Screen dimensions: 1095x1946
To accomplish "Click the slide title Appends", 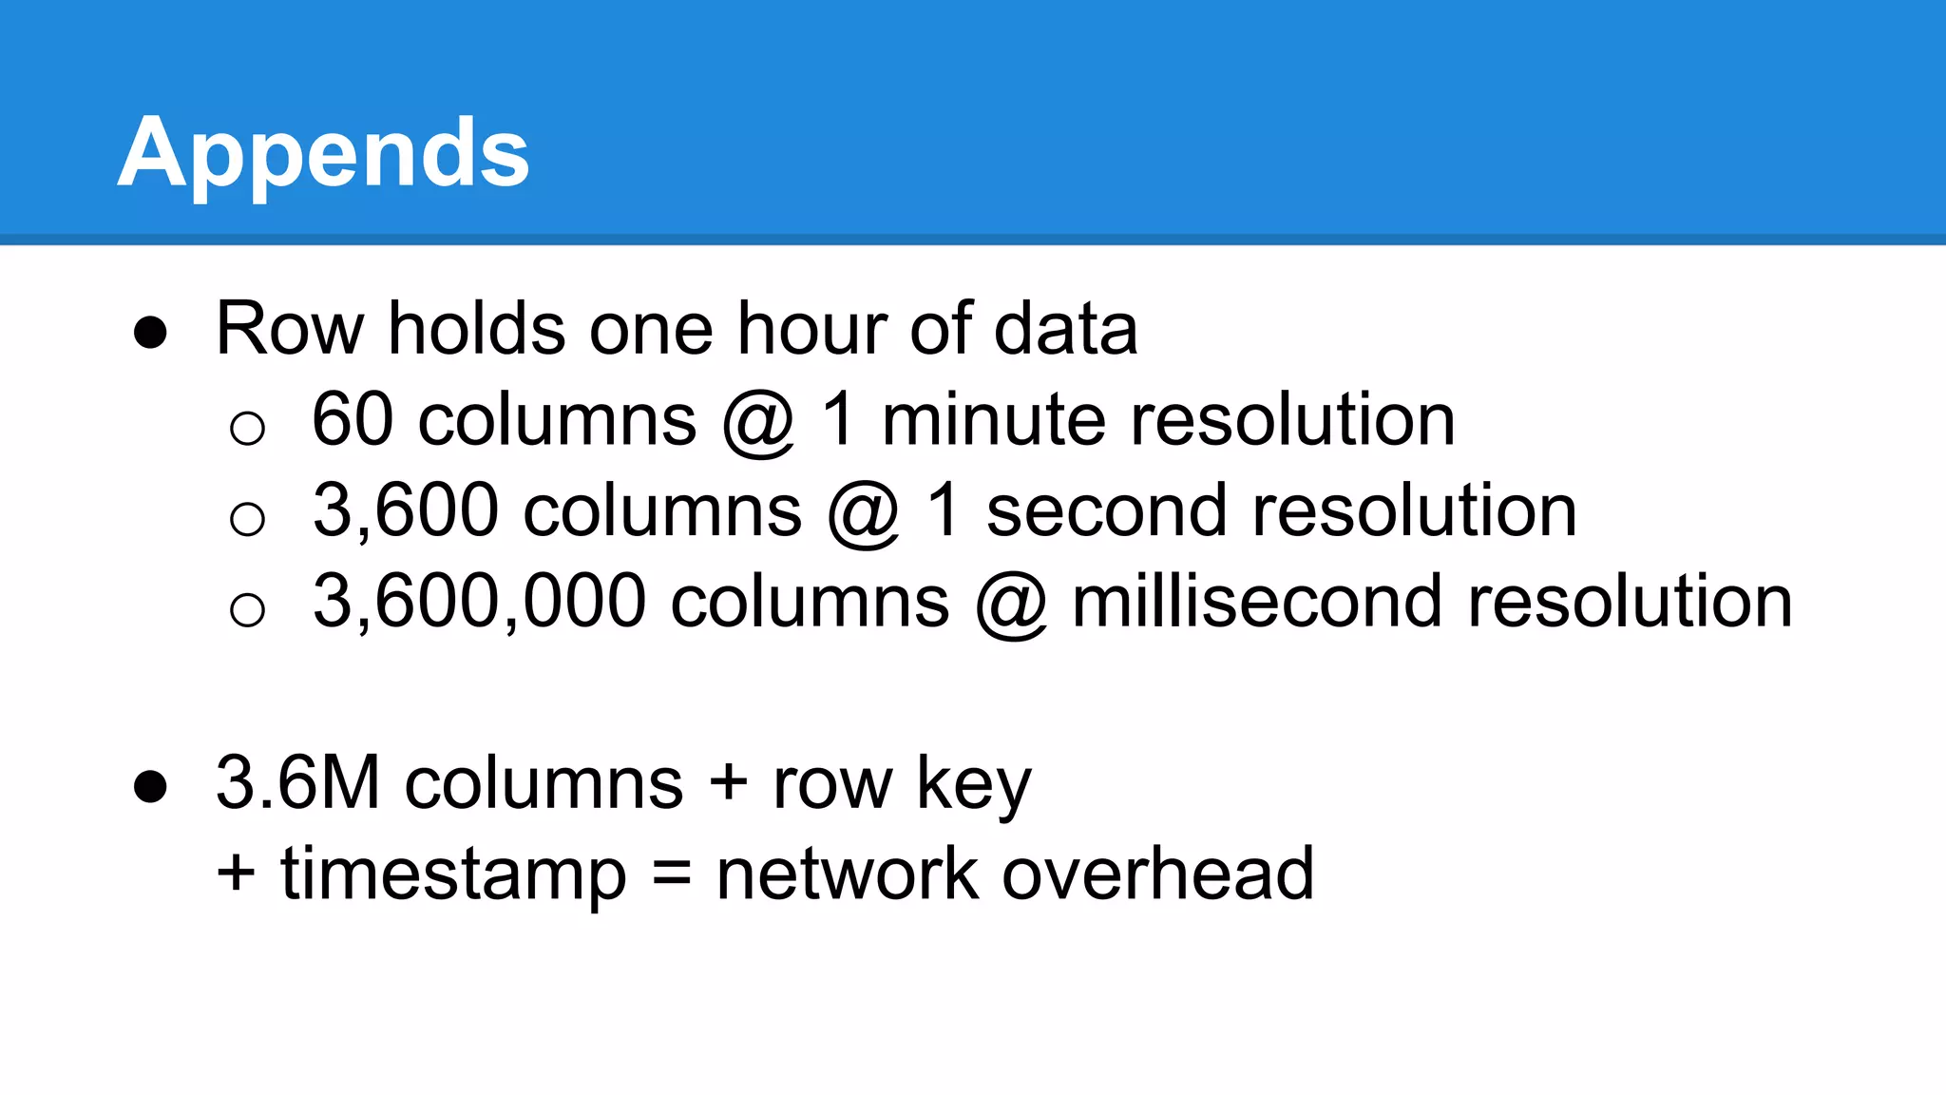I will tap(323, 152).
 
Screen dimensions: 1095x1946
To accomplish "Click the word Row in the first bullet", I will tap(290, 329).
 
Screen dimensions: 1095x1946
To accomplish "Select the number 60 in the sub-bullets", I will tap(353, 419).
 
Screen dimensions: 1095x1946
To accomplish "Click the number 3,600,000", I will tap(480, 602).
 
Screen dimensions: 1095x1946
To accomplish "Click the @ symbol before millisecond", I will tap(1011, 604).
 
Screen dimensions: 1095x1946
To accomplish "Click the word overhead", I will tap(1158, 874).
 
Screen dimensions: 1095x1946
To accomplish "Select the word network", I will tap(847, 874).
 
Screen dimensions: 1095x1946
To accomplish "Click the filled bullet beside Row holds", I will tap(150, 333).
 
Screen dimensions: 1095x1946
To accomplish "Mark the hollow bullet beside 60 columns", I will tap(247, 428).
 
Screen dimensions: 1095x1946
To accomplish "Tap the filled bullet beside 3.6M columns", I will tap(150, 787).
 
